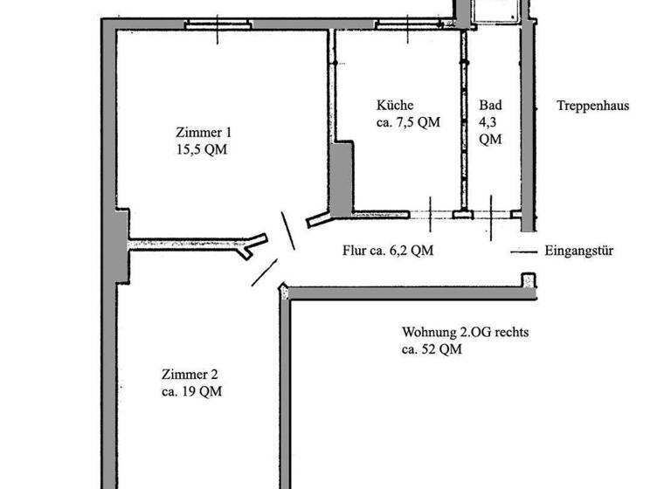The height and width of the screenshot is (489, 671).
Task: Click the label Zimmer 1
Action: [204, 133]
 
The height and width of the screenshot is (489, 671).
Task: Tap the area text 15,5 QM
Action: [204, 149]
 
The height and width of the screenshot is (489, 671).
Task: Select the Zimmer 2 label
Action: [184, 375]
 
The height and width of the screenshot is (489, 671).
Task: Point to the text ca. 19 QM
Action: [191, 392]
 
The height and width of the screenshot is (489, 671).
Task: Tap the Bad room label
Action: [490, 106]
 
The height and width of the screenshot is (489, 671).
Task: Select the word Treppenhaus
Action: [593, 107]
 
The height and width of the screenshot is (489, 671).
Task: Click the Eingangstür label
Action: [579, 251]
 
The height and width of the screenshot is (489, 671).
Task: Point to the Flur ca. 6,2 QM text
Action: [388, 251]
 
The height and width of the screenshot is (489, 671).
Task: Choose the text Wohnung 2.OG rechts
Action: [466, 333]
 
